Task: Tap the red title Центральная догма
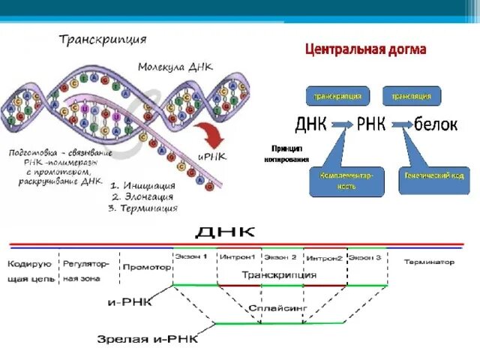pos(365,50)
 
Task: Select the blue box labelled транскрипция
pos(337,96)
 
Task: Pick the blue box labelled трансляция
pos(412,96)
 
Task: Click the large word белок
pos(436,124)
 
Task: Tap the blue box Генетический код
pos(434,177)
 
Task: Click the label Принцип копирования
pos(285,154)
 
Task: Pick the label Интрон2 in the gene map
pos(324,257)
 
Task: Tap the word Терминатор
pos(429,262)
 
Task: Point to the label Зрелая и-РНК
pos(148,338)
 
